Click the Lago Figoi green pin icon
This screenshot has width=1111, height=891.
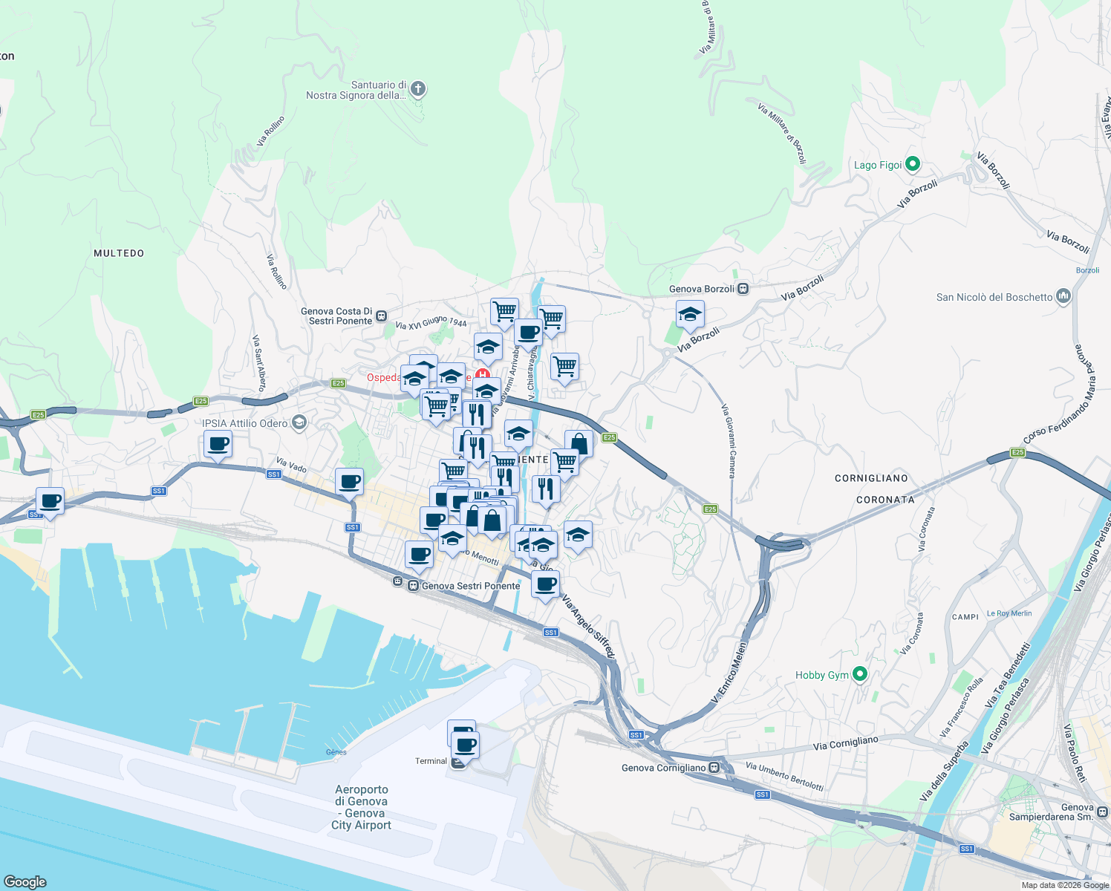click(x=913, y=164)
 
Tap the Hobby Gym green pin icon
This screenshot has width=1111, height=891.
click(x=860, y=674)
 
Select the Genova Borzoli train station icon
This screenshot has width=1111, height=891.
click(x=743, y=289)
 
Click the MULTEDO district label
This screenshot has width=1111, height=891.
click(x=119, y=253)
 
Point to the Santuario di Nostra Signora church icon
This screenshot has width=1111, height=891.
click(x=418, y=89)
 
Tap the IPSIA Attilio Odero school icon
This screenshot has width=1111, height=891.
click(x=299, y=423)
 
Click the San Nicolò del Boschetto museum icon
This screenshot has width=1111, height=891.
click(x=1063, y=297)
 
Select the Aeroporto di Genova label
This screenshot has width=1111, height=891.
click(x=362, y=807)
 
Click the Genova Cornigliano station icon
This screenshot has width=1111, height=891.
click(x=714, y=767)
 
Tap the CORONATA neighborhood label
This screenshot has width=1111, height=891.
click(x=885, y=500)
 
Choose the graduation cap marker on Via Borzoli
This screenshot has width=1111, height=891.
click(x=690, y=315)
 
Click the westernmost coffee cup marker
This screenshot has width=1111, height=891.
click(x=50, y=501)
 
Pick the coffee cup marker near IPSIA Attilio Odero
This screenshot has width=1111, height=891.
click(x=218, y=445)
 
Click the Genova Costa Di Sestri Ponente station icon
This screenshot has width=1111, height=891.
click(x=381, y=316)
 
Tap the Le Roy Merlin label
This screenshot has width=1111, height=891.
click(x=1009, y=613)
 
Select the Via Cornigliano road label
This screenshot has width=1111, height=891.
click(x=845, y=743)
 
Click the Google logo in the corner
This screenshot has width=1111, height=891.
click(x=25, y=881)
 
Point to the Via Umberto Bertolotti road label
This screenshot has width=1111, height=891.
click(x=783, y=776)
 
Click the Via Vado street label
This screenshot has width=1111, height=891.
click(x=291, y=466)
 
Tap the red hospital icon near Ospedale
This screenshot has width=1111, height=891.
click(x=482, y=376)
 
